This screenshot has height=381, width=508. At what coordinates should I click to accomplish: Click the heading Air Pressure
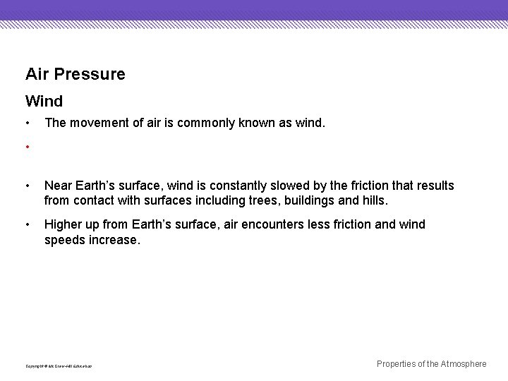[x=75, y=74]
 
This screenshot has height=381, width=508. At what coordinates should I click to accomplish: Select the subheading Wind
[x=44, y=102]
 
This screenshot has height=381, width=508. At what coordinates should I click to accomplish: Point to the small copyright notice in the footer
[x=59, y=366]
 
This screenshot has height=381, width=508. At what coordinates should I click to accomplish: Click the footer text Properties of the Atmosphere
[x=431, y=364]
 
